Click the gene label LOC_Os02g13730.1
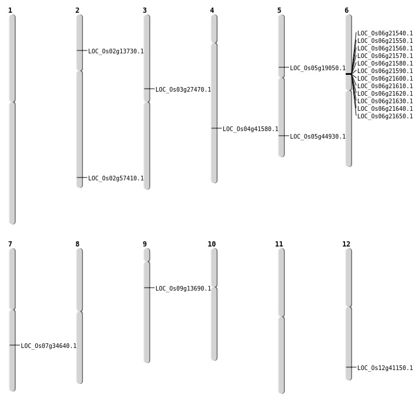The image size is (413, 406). click(x=115, y=52)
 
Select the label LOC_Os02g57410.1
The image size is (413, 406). click(x=115, y=179)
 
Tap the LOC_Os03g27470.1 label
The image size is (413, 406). click(x=183, y=90)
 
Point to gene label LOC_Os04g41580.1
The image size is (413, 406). click(x=250, y=129)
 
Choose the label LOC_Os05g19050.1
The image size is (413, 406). click(x=317, y=68)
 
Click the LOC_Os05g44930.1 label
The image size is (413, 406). click(x=317, y=137)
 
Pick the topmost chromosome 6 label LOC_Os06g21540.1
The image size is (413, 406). click(x=385, y=34)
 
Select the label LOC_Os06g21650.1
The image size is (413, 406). click(x=385, y=117)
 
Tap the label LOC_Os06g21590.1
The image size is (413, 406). click(x=385, y=71)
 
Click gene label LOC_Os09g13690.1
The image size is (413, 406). click(x=183, y=289)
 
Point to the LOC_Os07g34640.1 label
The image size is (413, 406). click(x=48, y=346)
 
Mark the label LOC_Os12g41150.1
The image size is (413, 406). click(x=385, y=368)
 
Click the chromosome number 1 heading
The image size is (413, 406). click(x=10, y=10)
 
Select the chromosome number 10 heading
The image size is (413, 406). click(x=212, y=244)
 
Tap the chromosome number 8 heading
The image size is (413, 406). click(x=77, y=244)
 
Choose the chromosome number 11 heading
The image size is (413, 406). click(x=279, y=244)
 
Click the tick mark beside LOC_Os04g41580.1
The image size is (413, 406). click(x=216, y=128)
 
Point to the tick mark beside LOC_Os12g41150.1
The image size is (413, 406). click(x=351, y=367)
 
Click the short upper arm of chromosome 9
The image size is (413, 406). click(x=147, y=255)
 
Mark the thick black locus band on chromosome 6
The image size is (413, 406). click(x=349, y=74)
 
